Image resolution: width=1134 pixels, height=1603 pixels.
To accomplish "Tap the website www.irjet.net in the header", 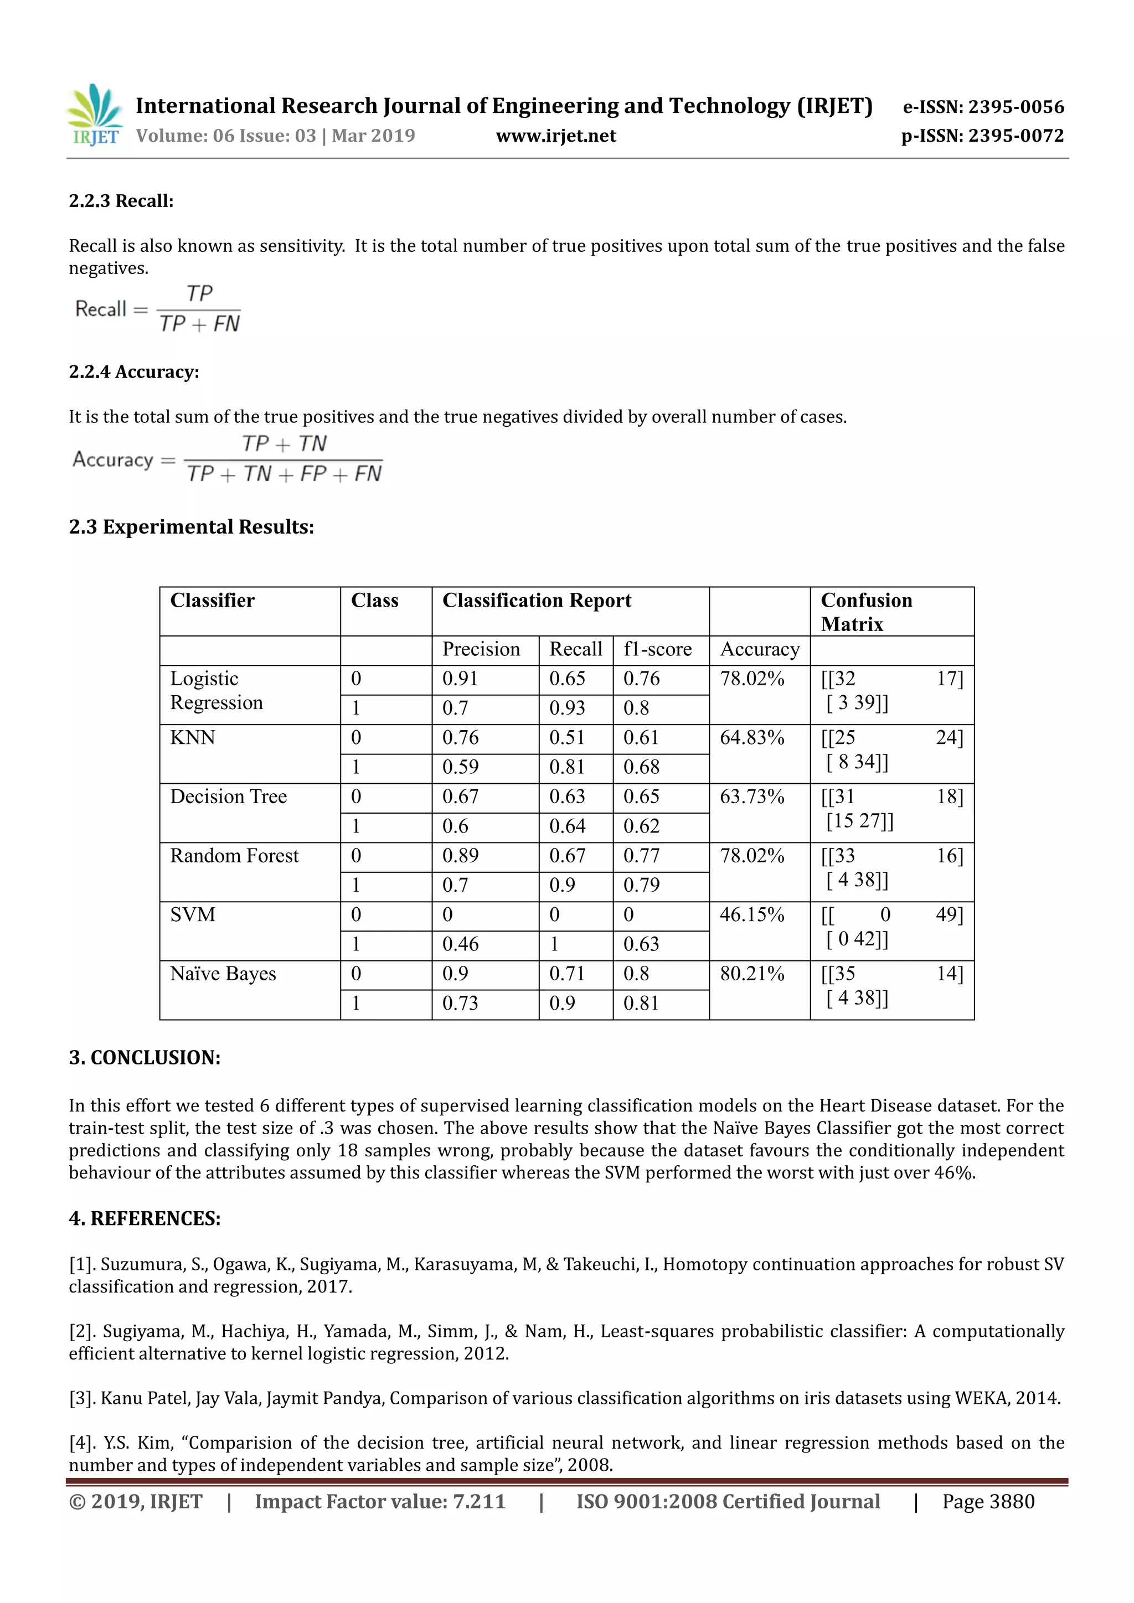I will coord(556,136).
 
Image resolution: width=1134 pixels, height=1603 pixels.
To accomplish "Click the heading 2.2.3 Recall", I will coord(121,201).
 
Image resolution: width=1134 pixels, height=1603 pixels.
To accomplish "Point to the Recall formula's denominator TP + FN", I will coord(199,324).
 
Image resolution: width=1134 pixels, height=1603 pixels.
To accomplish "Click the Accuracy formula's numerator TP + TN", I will coord(283,443).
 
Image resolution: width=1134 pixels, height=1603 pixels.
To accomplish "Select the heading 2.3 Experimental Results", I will coord(192,526).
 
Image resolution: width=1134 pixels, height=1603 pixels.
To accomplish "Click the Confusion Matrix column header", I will coord(867,612).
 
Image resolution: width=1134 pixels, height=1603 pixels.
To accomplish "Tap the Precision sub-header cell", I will coord(481,649).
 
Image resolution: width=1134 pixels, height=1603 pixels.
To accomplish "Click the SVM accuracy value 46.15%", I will coord(752,914).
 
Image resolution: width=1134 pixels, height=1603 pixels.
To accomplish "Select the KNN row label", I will coord(193,737).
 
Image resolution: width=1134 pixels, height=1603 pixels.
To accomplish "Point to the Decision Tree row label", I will coord(228,797).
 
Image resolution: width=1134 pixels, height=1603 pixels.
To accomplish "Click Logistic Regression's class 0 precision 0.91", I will coord(460,679).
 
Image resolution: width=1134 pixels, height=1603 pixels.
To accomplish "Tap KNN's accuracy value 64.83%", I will coord(752,737).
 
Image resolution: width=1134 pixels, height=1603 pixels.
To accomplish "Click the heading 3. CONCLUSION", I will coord(145,1057).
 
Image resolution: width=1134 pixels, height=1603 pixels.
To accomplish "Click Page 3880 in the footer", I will coord(988,1501).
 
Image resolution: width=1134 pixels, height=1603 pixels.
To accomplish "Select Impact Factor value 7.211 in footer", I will coord(380,1501).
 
